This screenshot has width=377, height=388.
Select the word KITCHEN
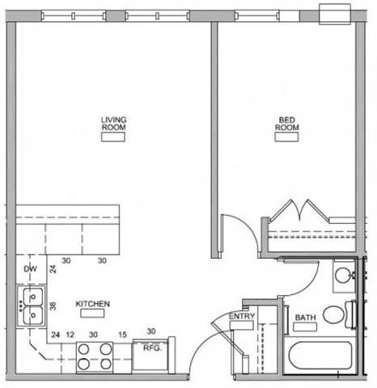point(92,304)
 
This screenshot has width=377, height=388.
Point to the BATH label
point(305,318)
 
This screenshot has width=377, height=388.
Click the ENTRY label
point(242,316)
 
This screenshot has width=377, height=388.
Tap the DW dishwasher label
point(31,268)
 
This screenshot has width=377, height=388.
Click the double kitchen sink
point(33,304)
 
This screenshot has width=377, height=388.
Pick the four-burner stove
point(95,356)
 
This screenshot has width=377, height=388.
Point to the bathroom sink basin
point(343,274)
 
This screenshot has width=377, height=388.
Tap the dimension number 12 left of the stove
point(71,334)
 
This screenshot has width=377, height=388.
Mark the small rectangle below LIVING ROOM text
point(112,137)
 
